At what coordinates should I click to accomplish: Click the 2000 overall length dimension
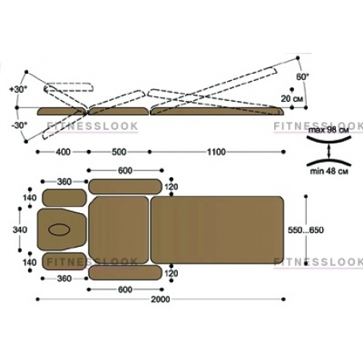click(x=160, y=299)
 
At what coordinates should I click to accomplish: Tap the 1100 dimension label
click(x=216, y=152)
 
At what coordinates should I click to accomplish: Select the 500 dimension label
click(x=119, y=152)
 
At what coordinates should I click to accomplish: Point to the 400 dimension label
click(x=63, y=152)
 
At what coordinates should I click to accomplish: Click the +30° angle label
click(x=18, y=89)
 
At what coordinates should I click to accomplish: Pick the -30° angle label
click(x=19, y=125)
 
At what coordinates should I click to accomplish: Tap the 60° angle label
click(x=302, y=77)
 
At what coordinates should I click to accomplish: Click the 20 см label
click(x=292, y=99)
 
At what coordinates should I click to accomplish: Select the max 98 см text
click(x=329, y=131)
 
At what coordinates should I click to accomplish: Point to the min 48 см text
click(x=329, y=171)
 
